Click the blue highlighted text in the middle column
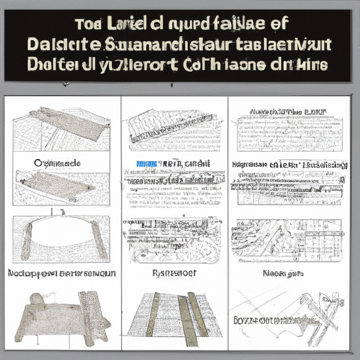coord(146,164)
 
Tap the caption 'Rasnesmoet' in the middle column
coord(175,273)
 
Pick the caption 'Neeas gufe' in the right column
coord(283,273)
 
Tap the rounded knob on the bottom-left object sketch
coord(37,299)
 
